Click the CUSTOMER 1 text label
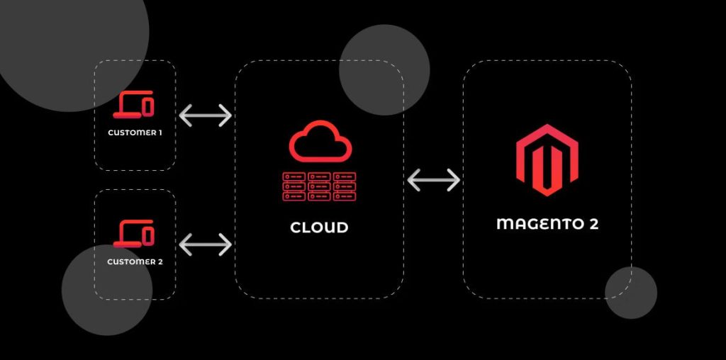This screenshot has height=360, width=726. [x=135, y=133]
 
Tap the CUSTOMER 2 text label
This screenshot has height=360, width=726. [x=135, y=261]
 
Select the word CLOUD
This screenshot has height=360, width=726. [x=319, y=228]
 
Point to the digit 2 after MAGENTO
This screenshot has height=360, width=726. [x=593, y=224]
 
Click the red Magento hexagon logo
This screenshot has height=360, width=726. [x=547, y=160]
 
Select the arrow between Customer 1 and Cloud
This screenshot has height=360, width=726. [x=206, y=116]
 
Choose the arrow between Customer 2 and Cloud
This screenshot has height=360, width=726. [x=206, y=244]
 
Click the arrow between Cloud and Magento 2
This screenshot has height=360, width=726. [x=434, y=180]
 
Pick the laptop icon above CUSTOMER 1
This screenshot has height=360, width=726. [x=134, y=106]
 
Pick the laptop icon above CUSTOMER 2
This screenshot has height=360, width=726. [x=134, y=234]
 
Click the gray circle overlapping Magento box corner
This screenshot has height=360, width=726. [x=630, y=293]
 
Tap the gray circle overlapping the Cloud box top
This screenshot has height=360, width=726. [x=384, y=70]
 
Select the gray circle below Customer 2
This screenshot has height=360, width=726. [x=106, y=290]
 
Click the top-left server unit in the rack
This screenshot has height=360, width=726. [x=295, y=176]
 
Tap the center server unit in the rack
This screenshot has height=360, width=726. [x=320, y=186]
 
